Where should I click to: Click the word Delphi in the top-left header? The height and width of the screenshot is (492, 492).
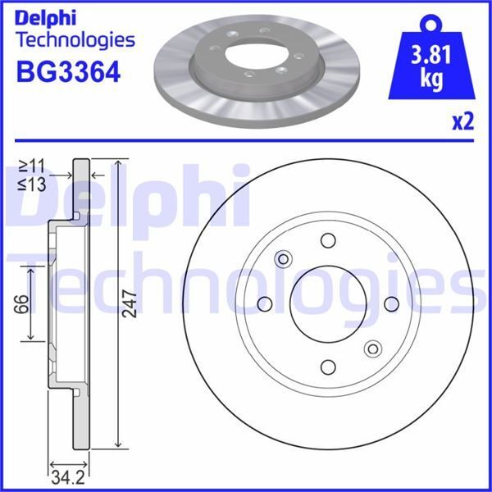click(47, 16)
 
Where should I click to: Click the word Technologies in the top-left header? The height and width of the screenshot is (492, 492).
click(75, 39)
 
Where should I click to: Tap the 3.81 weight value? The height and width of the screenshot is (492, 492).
click(432, 58)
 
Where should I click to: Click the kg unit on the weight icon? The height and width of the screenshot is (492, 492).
click(432, 81)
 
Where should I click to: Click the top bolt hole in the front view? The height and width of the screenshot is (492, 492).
click(328, 240)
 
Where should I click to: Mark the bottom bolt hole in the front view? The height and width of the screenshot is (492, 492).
click(328, 367)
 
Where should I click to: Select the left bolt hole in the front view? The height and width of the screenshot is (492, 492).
click(265, 304)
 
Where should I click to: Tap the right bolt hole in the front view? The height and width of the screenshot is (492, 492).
click(391, 303)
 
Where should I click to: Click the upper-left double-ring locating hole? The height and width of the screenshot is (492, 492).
click(284, 259)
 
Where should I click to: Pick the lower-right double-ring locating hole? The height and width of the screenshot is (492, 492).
click(372, 348)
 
